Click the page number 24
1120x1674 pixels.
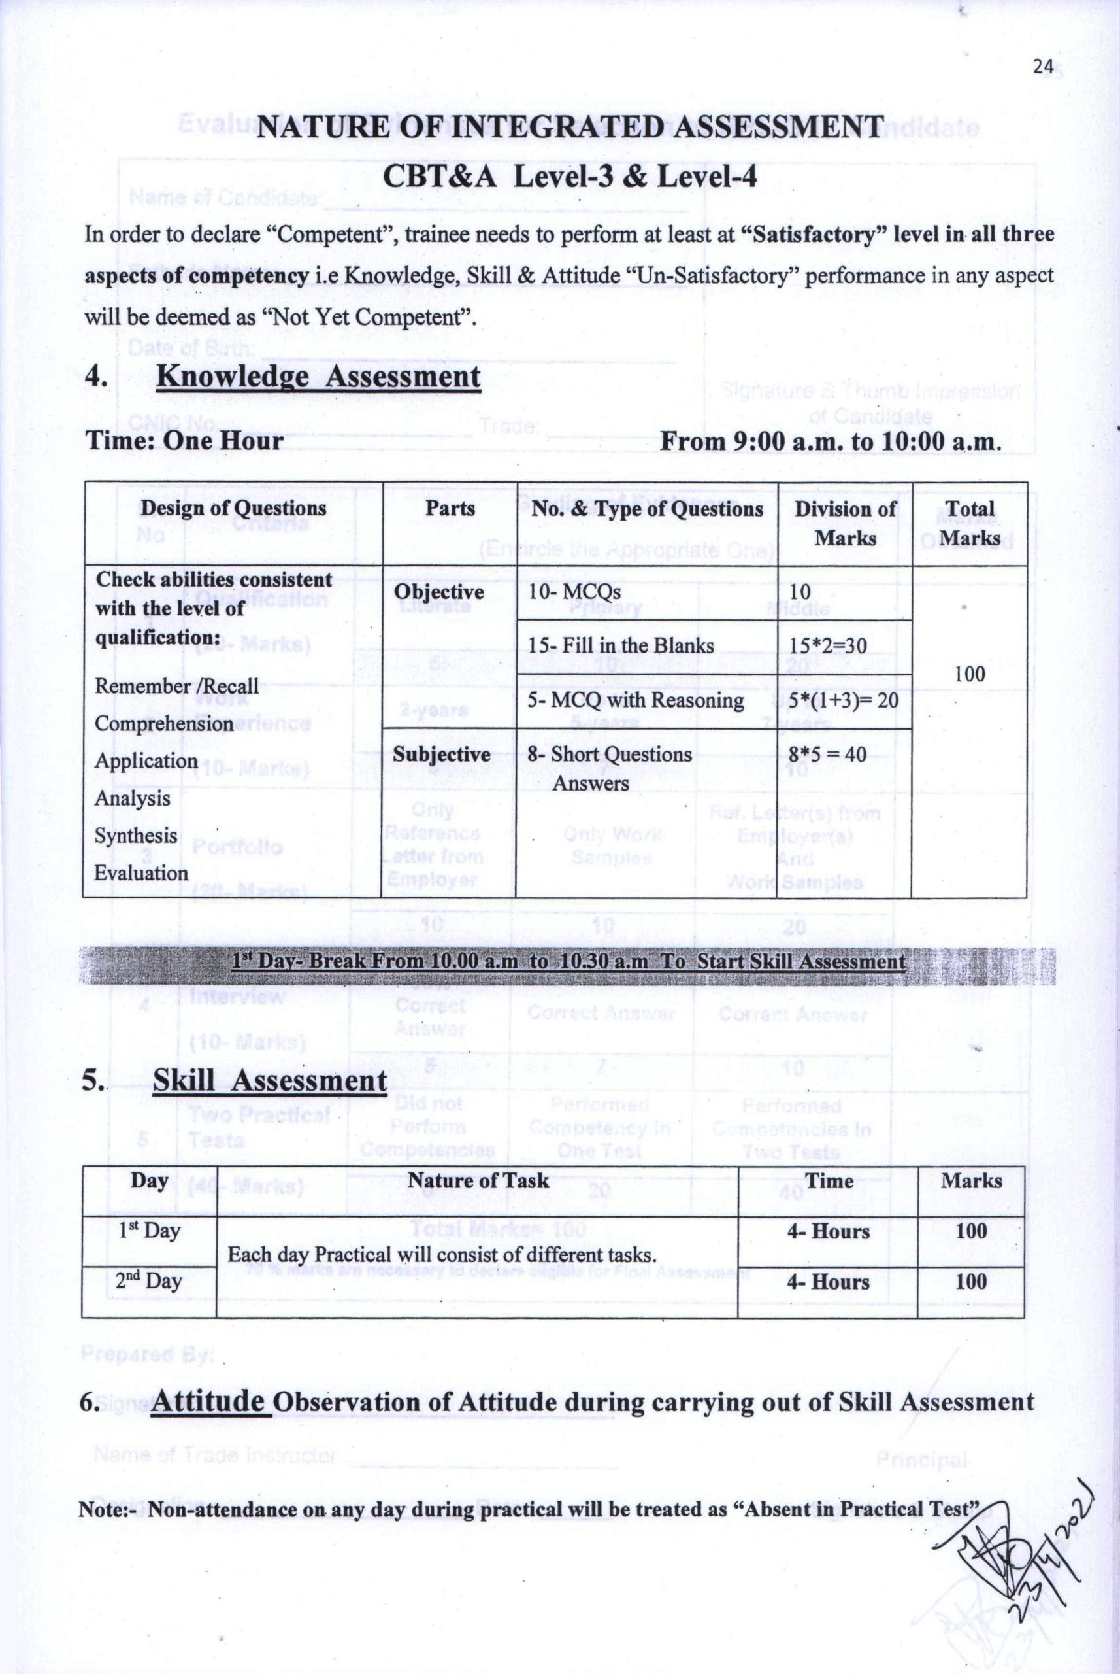pos(1043,67)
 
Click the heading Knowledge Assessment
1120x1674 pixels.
pos(318,377)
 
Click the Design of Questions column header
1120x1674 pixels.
pos(233,508)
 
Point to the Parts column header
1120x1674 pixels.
pos(450,508)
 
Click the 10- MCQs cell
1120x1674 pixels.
pos(574,592)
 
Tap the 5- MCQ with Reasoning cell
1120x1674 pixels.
pos(636,700)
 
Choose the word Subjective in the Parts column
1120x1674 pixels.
pos(442,755)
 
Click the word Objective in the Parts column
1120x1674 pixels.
pos(438,592)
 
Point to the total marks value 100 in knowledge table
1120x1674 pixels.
pos(970,674)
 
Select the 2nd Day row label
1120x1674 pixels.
pos(148,1280)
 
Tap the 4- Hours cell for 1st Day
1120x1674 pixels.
pos(829,1231)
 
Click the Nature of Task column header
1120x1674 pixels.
pos(478,1180)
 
